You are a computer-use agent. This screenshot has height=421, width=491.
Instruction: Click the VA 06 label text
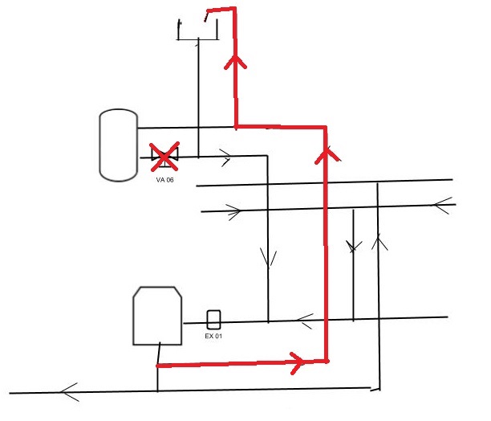(164, 180)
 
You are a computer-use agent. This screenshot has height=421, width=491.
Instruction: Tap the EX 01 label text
(213, 336)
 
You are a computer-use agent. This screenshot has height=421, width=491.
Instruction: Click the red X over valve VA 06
(164, 157)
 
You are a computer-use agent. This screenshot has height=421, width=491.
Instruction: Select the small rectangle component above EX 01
(213, 320)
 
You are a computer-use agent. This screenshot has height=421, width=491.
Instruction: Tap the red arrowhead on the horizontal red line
(298, 363)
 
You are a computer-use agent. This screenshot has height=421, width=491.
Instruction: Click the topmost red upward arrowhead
(236, 62)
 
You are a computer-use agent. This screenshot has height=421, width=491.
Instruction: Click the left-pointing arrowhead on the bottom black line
(69, 392)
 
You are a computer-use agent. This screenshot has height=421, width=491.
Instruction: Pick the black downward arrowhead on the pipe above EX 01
(268, 258)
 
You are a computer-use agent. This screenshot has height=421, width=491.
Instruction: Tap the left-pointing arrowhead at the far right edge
(442, 206)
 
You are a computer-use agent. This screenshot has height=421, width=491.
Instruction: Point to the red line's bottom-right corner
(327, 361)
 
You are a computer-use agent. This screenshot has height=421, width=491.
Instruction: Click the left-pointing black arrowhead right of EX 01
(304, 321)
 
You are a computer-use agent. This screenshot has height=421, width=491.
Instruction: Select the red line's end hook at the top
(206, 15)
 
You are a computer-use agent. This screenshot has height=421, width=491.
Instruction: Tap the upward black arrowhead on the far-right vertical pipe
(379, 241)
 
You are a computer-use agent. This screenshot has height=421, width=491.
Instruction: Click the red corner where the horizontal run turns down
(326, 127)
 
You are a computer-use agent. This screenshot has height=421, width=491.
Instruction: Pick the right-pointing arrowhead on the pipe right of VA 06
(226, 157)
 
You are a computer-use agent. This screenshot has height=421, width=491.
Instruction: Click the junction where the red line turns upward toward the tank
(236, 127)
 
